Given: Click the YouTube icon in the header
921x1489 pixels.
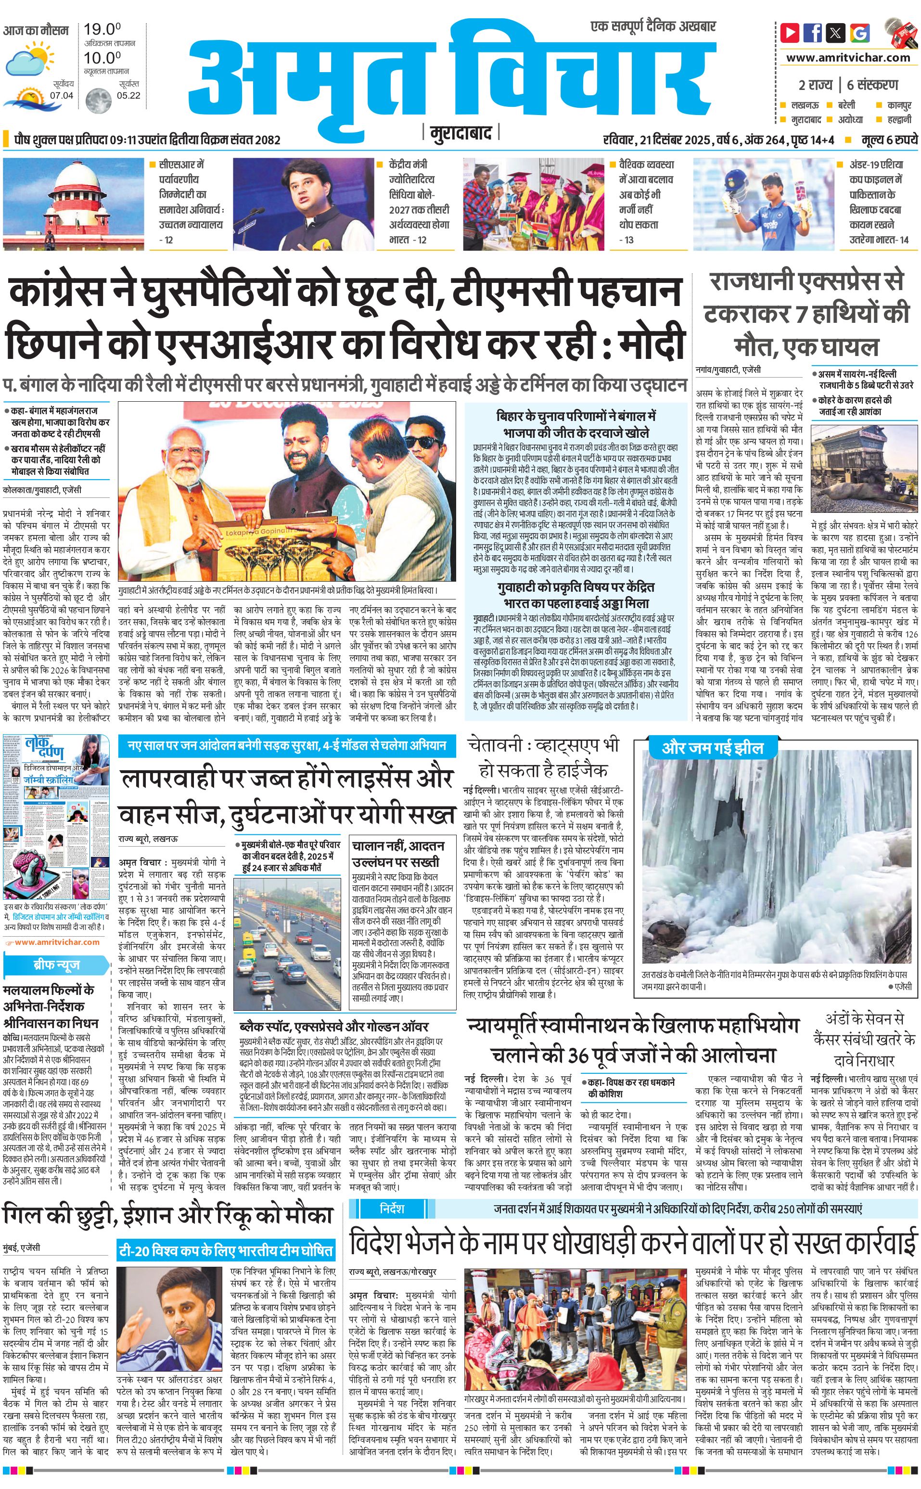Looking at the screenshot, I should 790,32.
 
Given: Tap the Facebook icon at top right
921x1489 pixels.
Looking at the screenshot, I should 813,32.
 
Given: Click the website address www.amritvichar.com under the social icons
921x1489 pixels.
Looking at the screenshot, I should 848,58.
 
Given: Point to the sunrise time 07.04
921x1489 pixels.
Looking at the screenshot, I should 62,96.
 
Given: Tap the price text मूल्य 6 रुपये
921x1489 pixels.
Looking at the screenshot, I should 889,140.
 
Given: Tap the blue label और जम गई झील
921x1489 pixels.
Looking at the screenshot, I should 712,748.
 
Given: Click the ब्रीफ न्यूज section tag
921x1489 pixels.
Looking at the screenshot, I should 56,965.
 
